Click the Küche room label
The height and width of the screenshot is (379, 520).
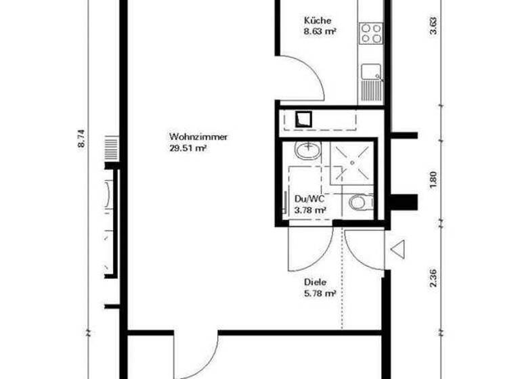(318, 20)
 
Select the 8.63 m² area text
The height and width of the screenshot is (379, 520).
(320, 31)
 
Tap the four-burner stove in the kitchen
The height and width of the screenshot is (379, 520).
(371, 33)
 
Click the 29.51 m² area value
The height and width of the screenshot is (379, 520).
(188, 148)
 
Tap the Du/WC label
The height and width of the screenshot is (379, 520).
(309, 200)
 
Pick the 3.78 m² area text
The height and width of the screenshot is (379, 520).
(310, 210)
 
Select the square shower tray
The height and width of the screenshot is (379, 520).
(351, 162)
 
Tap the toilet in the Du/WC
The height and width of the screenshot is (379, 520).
(360, 202)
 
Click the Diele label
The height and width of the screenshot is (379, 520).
(316, 282)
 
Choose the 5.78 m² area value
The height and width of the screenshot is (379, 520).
(320, 293)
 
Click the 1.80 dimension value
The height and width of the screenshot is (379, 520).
(434, 179)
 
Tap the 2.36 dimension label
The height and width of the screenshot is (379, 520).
(434, 279)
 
